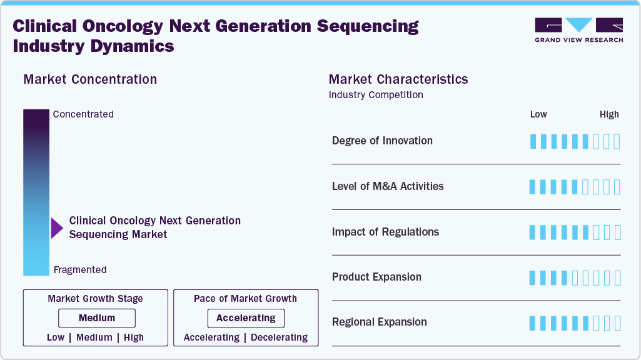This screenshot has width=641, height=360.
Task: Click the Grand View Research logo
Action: (578, 30)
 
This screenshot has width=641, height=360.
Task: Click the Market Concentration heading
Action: (90, 79)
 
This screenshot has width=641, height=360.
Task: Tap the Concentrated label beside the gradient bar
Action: (83, 114)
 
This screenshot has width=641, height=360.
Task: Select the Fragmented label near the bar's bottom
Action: (80, 270)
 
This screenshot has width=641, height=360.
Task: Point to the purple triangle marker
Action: (57, 227)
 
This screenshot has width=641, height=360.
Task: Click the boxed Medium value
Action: (97, 318)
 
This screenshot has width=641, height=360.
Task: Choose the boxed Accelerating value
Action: (246, 318)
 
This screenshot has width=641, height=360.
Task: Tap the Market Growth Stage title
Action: (95, 299)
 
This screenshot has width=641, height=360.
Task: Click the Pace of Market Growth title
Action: (245, 299)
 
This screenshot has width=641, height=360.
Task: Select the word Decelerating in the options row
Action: (280, 337)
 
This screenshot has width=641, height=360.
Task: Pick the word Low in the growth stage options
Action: (56, 337)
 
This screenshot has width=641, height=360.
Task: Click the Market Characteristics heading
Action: (398, 79)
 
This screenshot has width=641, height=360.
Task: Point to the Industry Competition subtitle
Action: (376, 95)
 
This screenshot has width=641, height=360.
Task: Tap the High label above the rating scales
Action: (609, 114)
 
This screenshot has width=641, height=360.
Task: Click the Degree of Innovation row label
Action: (382, 141)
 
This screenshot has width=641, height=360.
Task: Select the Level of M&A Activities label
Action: (388, 186)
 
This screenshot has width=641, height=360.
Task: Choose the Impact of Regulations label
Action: (385, 232)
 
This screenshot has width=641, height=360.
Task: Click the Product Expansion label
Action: (376, 277)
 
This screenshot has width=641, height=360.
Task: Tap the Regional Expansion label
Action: (380, 322)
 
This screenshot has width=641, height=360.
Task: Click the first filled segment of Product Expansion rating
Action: (533, 277)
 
